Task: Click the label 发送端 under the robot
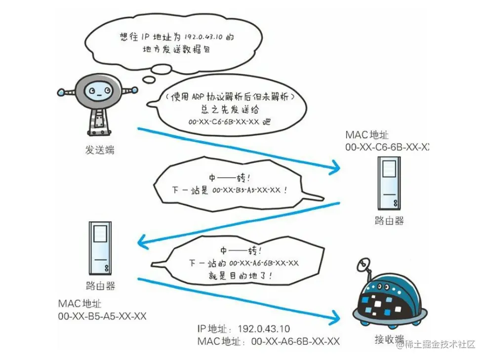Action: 100,150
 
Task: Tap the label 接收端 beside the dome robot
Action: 389,339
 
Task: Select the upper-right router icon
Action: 389,183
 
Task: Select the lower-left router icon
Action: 100,248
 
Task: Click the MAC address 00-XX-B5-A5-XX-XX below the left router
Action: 102,317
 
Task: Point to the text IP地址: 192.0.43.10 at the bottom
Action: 243,328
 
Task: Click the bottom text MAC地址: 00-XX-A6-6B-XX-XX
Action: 268,341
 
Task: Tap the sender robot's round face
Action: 98,91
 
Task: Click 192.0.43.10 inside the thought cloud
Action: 203,37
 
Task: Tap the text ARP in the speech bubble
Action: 198,97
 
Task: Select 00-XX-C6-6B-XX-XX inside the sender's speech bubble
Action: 224,122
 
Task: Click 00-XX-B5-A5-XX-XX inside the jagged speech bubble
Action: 246,190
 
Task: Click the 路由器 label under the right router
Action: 389,221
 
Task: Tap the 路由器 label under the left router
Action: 100,285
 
